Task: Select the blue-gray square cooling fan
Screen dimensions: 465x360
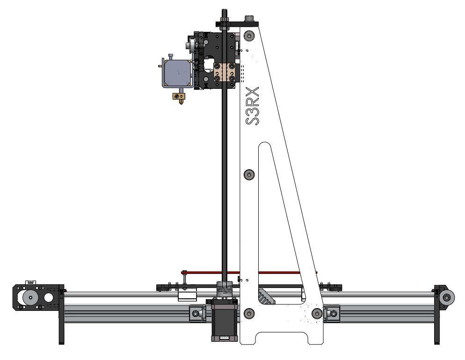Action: [177, 72]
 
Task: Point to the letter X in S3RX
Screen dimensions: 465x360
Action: [252, 92]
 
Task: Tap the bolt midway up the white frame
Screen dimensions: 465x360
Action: [249, 174]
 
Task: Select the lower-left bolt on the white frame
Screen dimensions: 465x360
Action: [249, 313]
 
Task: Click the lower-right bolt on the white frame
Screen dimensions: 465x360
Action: [317, 313]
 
